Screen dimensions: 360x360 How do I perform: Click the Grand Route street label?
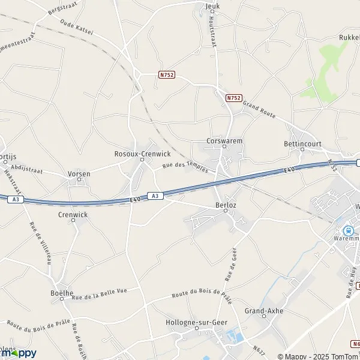259,109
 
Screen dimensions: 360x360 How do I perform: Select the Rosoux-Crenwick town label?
142,154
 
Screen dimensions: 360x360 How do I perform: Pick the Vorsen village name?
79,174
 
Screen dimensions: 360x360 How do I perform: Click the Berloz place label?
226,205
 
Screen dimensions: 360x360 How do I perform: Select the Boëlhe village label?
61,293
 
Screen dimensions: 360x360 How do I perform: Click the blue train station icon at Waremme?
348,231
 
